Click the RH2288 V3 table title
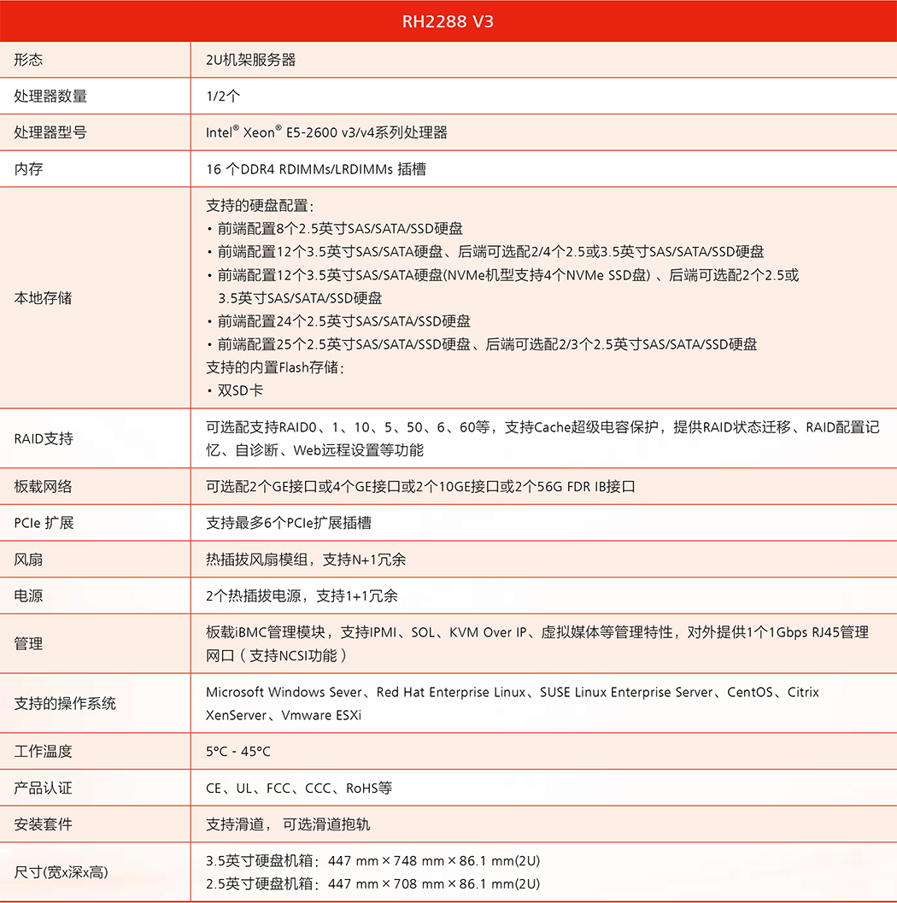click(x=448, y=21)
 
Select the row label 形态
click(x=28, y=60)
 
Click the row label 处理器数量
click(x=50, y=97)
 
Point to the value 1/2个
click(x=223, y=97)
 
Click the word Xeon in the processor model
click(x=259, y=133)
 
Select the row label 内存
click(x=28, y=169)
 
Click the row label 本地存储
click(x=43, y=298)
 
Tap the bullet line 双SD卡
click(x=240, y=390)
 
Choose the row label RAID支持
click(x=44, y=438)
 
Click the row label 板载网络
click(x=43, y=487)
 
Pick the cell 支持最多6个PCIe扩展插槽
click(x=288, y=523)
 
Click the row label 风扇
click(x=28, y=560)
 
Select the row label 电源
click(x=28, y=595)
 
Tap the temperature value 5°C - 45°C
click(x=238, y=752)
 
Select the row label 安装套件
click(x=43, y=824)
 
